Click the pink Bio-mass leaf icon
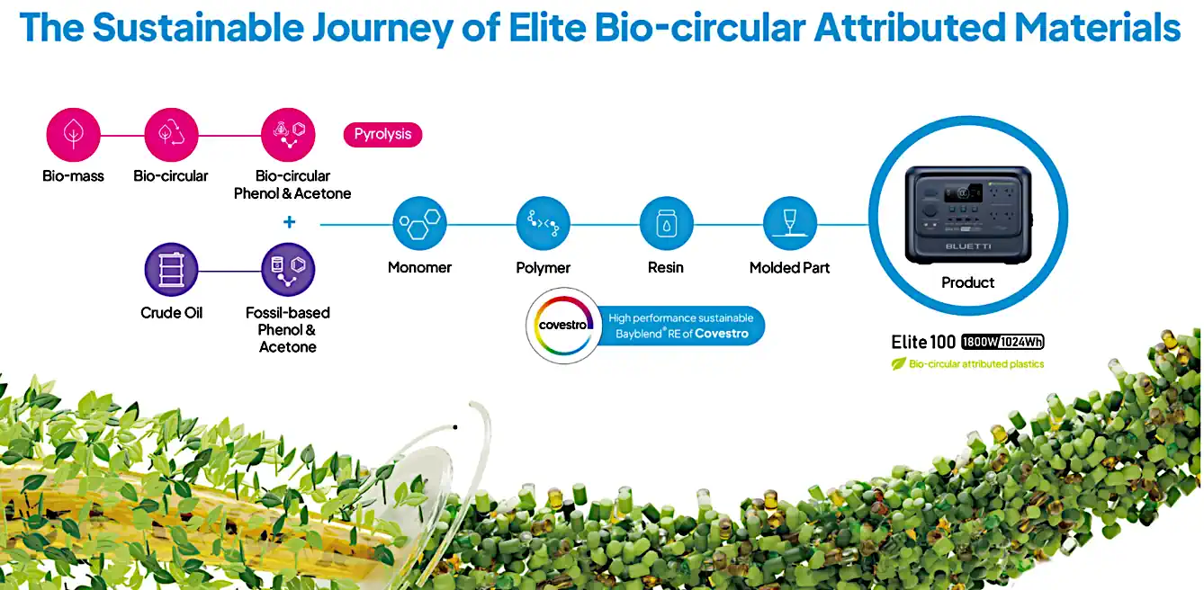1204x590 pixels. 73,134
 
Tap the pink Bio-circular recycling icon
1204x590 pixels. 171,134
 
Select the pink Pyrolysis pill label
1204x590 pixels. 382,134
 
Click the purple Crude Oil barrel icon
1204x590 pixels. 171,269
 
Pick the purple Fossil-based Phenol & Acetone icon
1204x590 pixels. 288,269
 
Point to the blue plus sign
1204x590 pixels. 289,222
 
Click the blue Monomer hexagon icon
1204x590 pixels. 420,224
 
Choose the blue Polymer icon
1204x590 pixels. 543,224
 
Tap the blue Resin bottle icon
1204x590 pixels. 667,224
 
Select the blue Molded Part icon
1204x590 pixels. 789,224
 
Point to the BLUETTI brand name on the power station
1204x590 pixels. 968,246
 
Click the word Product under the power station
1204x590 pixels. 967,282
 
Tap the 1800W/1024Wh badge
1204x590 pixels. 1002,342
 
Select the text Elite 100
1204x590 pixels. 923,342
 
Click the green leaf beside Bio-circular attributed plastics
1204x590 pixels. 899,363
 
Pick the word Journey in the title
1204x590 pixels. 382,28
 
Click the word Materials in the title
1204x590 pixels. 1097,27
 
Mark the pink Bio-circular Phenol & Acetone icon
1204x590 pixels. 288,134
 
